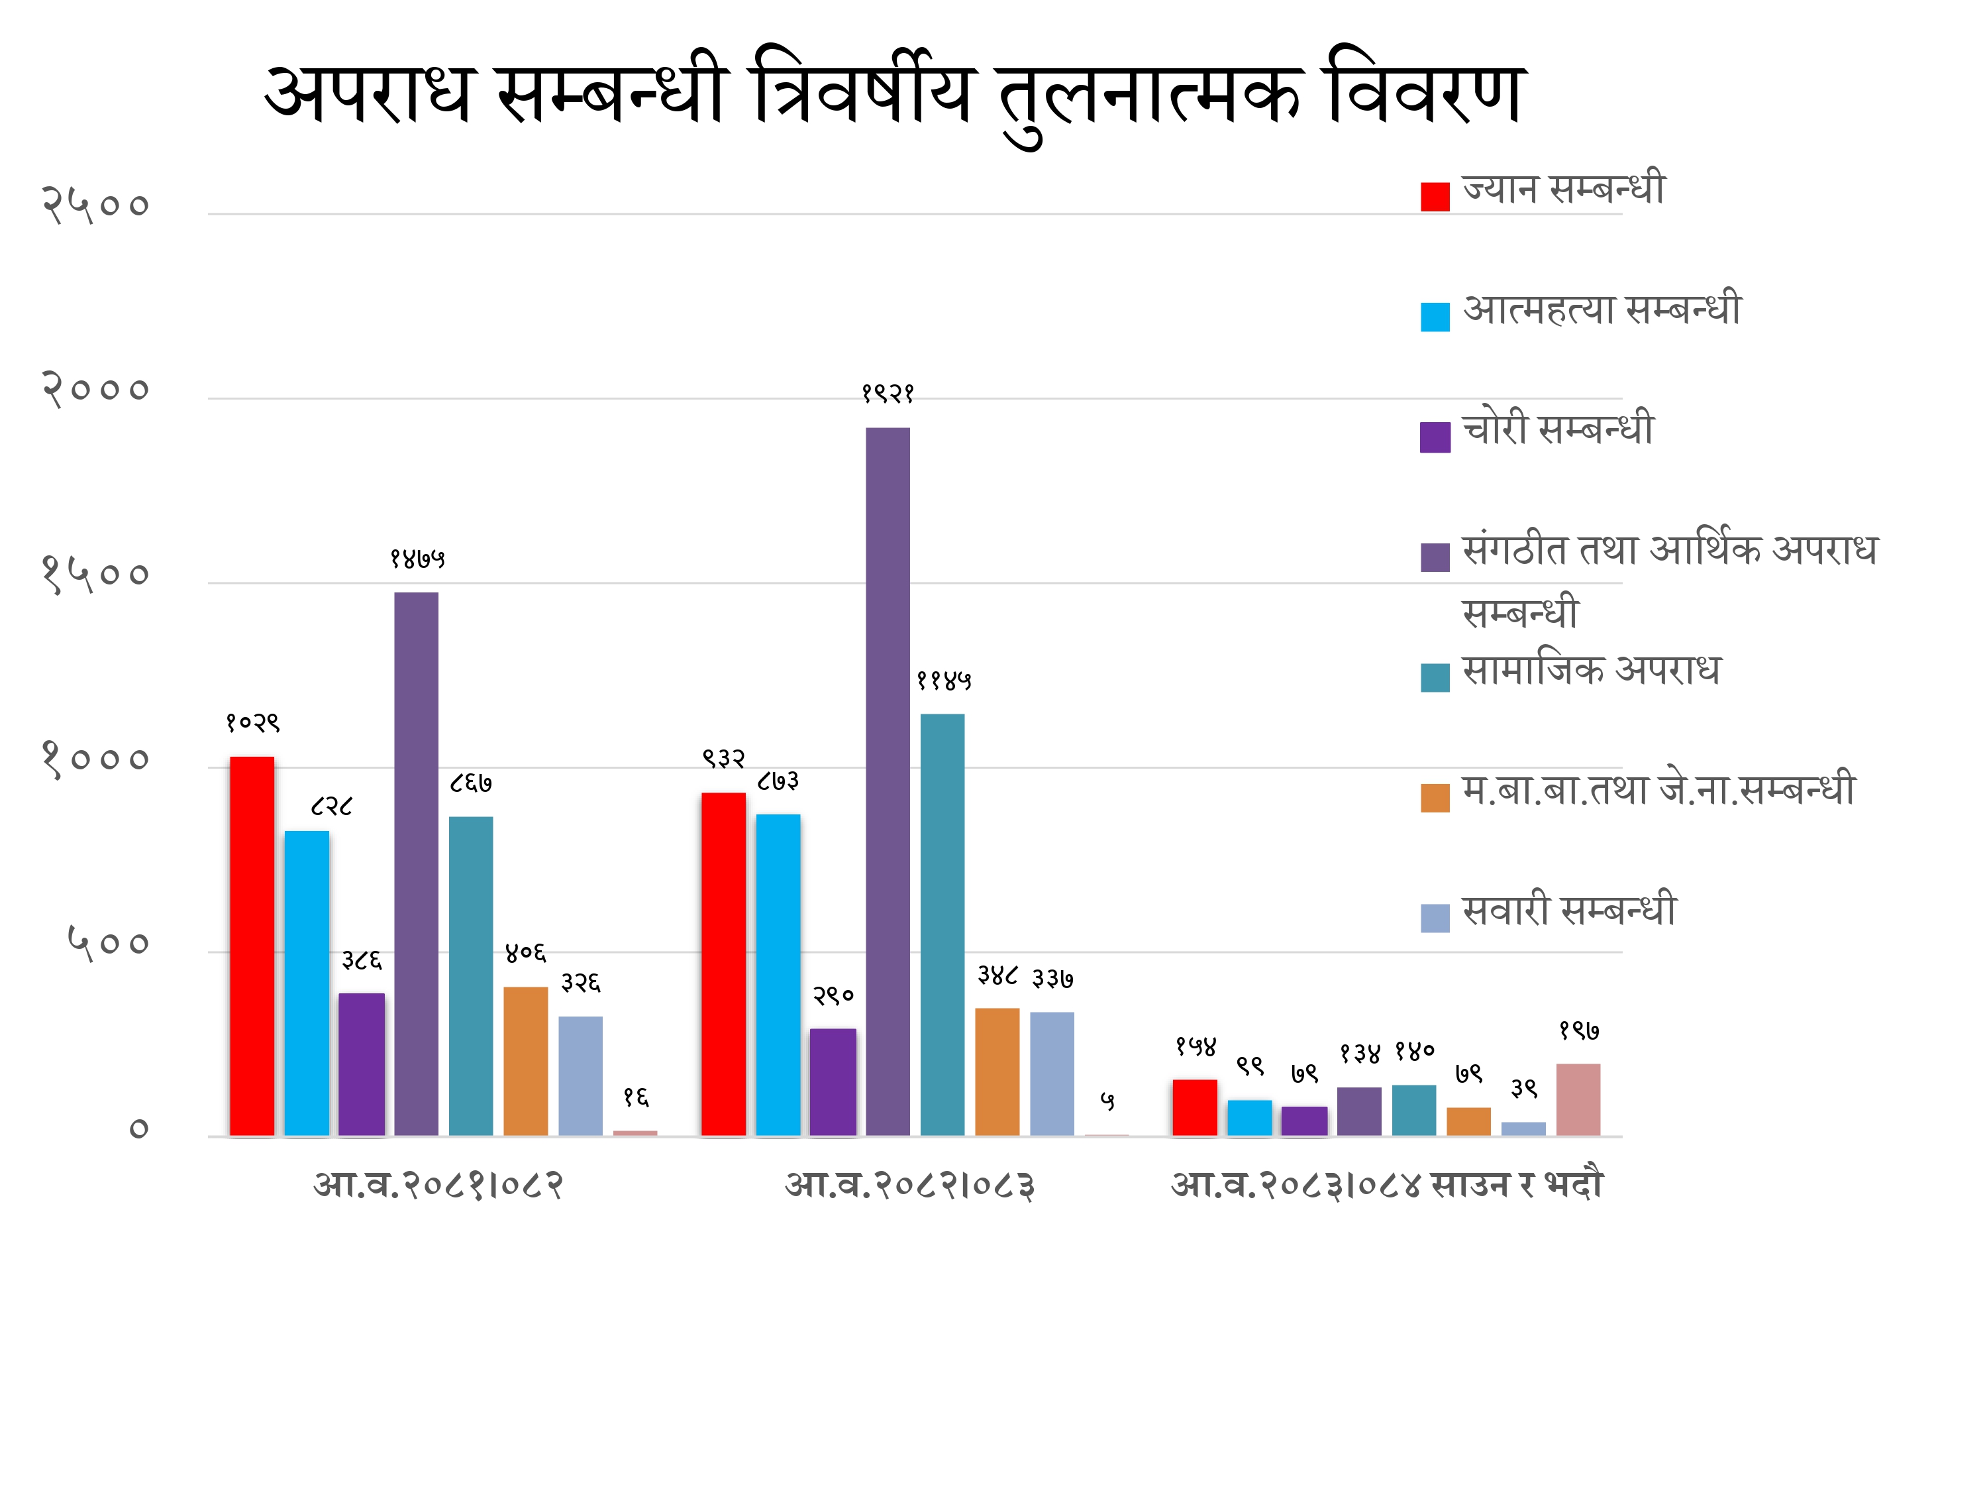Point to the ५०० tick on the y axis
point(108,944)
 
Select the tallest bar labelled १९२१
point(888,782)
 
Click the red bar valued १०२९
point(252,946)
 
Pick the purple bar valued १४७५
point(416,865)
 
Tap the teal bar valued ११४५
point(943,926)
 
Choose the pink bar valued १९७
point(1578,1100)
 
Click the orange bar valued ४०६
point(525,1062)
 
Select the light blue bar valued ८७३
point(778,975)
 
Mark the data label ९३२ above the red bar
point(724,759)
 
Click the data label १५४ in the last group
point(1196,1046)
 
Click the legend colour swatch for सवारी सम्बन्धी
point(1435,918)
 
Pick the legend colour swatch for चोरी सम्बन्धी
point(1435,437)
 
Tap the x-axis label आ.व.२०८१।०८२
point(438,1186)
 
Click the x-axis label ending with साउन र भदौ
point(1387,1186)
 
